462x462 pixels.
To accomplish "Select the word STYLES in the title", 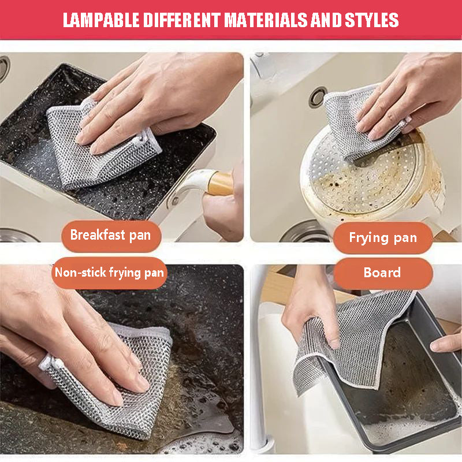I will tap(370, 20).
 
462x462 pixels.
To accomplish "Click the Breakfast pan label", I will tap(110, 235).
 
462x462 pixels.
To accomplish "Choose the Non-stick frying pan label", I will tap(110, 273).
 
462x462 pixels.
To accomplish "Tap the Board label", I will tap(382, 273).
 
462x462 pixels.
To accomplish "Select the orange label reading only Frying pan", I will tap(382, 238).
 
